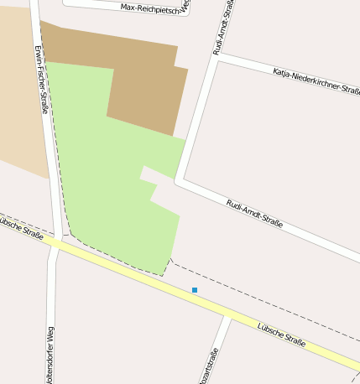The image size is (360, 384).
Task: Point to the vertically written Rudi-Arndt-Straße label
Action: [223, 27]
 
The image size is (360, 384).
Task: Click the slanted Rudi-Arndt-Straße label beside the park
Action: [254, 214]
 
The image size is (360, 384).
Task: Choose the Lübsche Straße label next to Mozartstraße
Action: [281, 330]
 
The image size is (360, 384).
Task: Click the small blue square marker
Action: [195, 290]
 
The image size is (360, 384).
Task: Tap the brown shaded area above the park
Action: [143, 84]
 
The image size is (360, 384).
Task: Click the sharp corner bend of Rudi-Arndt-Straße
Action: [178, 179]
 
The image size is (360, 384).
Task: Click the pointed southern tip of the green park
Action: [162, 274]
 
